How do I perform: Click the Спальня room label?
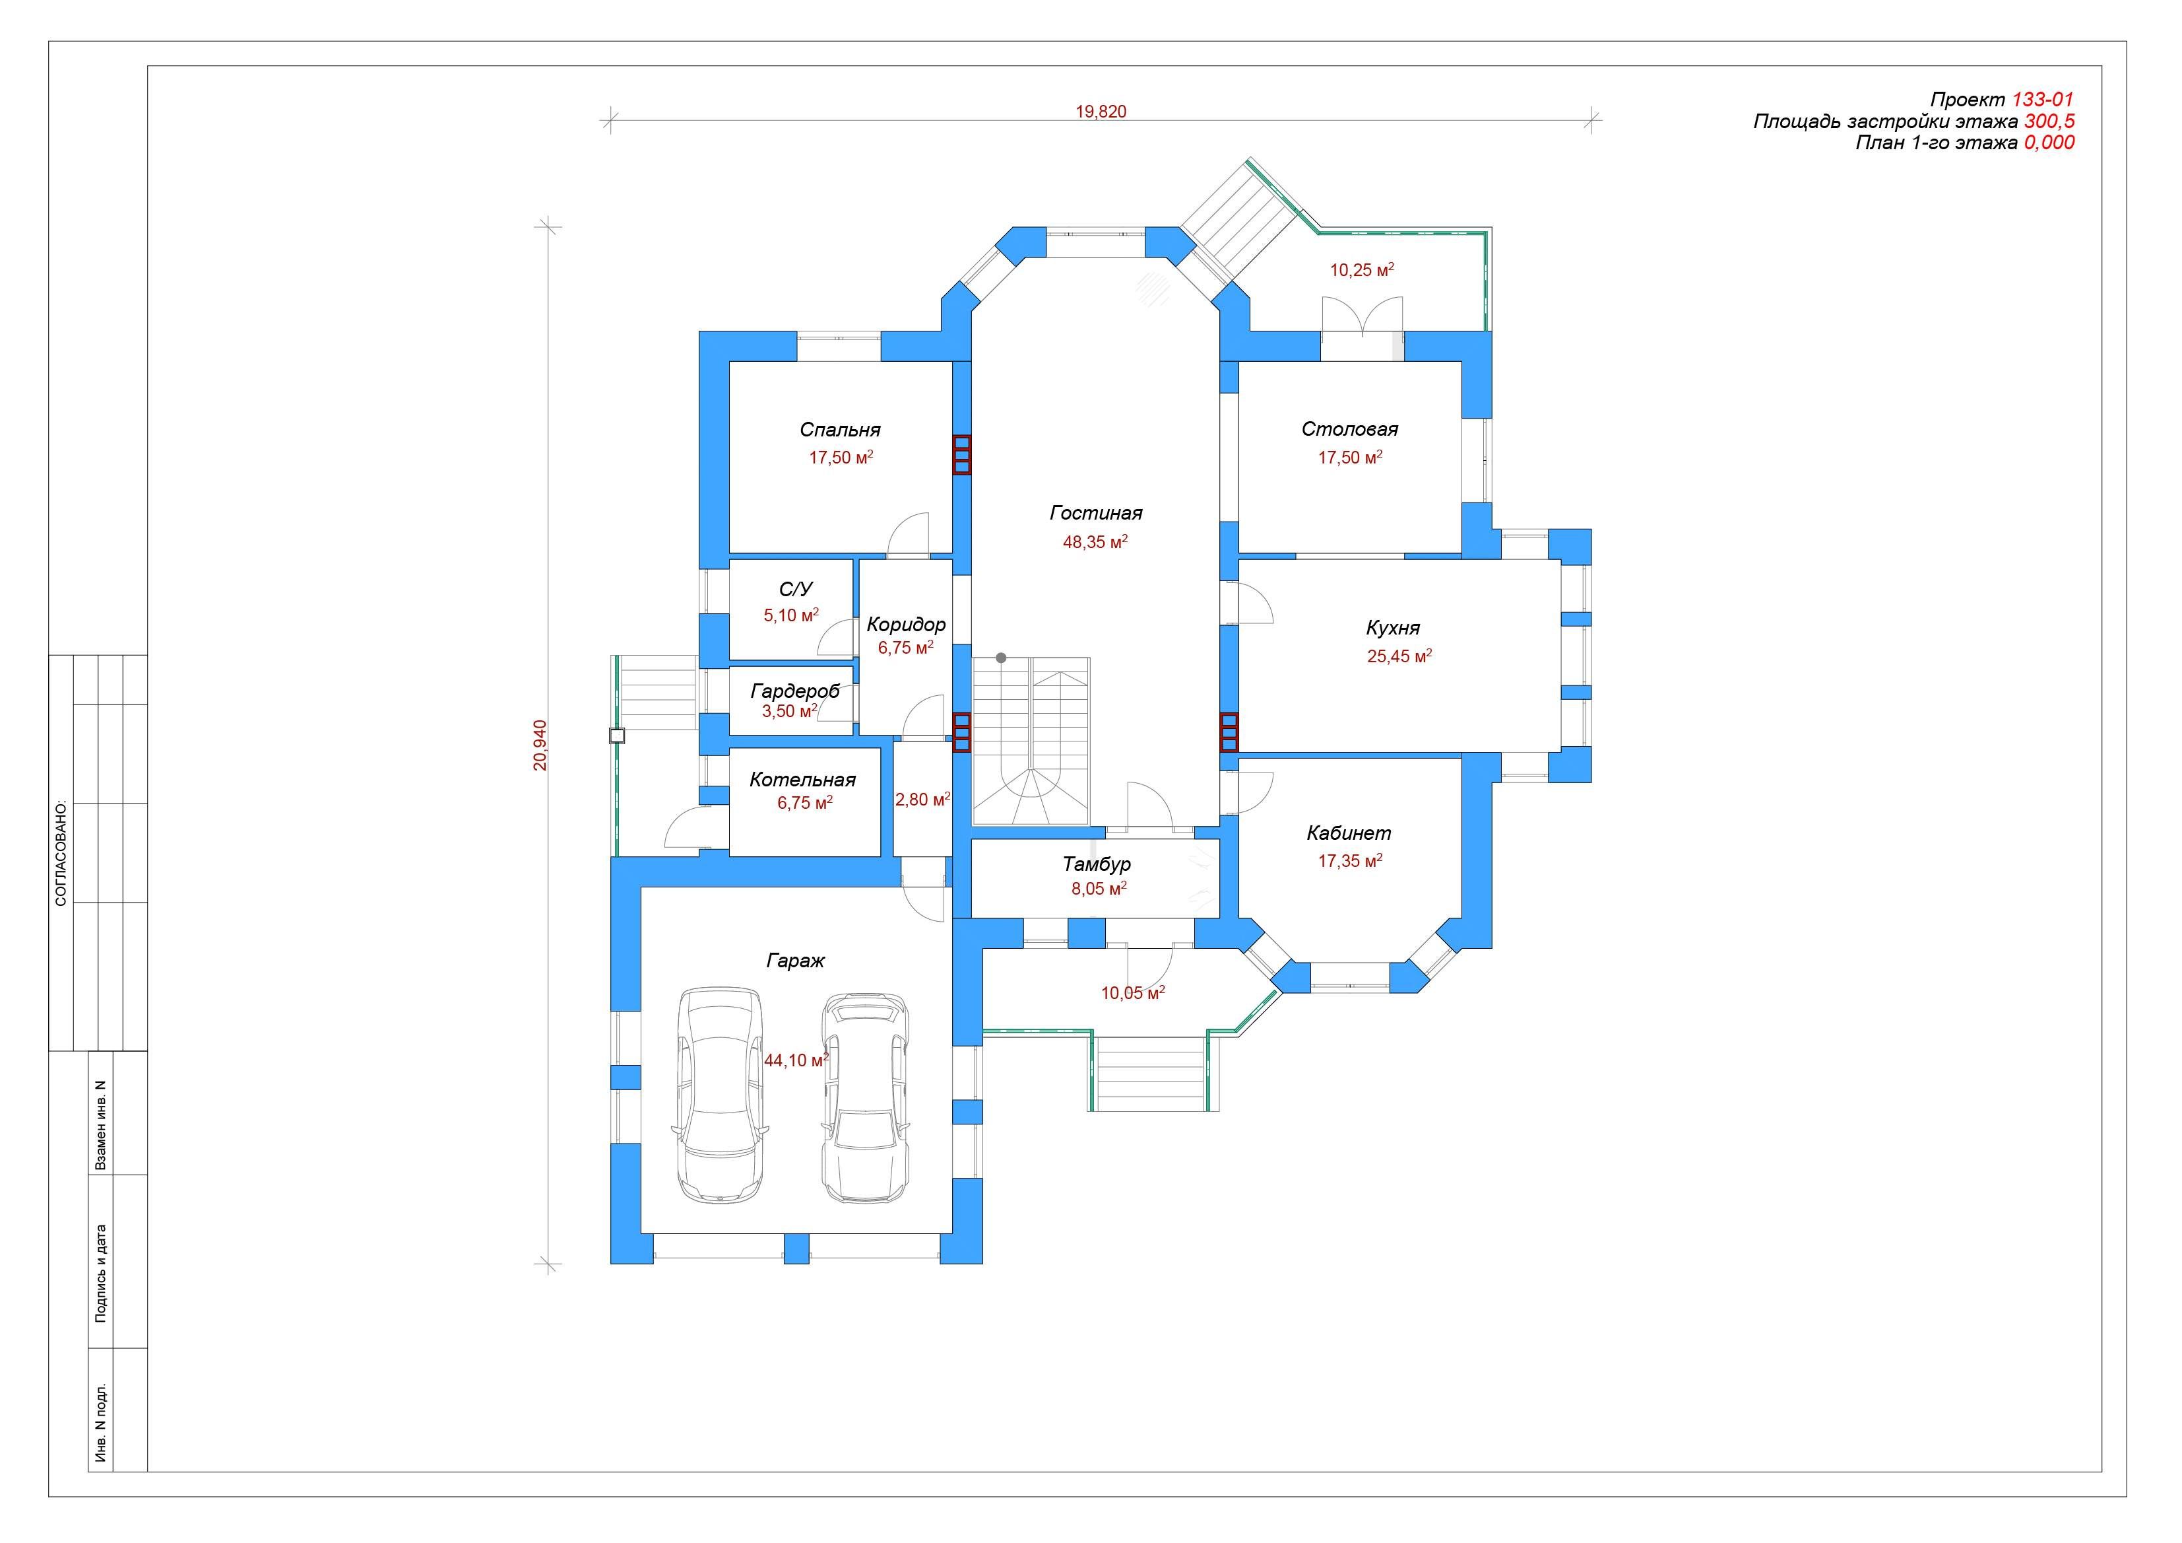(840, 430)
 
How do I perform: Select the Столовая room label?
(1349, 429)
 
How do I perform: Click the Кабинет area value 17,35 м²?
(1349, 860)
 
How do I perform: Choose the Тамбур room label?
(1097, 864)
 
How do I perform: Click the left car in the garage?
(719, 1095)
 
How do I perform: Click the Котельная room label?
(802, 780)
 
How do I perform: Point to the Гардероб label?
(796, 691)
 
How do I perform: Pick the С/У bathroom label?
(796, 590)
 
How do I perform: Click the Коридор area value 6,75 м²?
(906, 648)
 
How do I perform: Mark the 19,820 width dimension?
(1101, 111)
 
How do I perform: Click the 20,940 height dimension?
(540, 744)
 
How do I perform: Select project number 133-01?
(2042, 100)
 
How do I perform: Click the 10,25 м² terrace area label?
(1361, 270)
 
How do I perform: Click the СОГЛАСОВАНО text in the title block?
(61, 852)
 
